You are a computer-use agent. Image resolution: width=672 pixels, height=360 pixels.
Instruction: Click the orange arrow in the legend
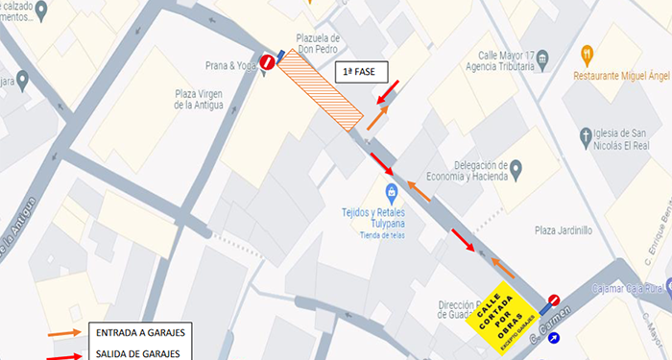pyautogui.click(x=64, y=332)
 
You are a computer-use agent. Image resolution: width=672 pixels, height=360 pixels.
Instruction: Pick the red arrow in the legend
pyautogui.click(x=64, y=351)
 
